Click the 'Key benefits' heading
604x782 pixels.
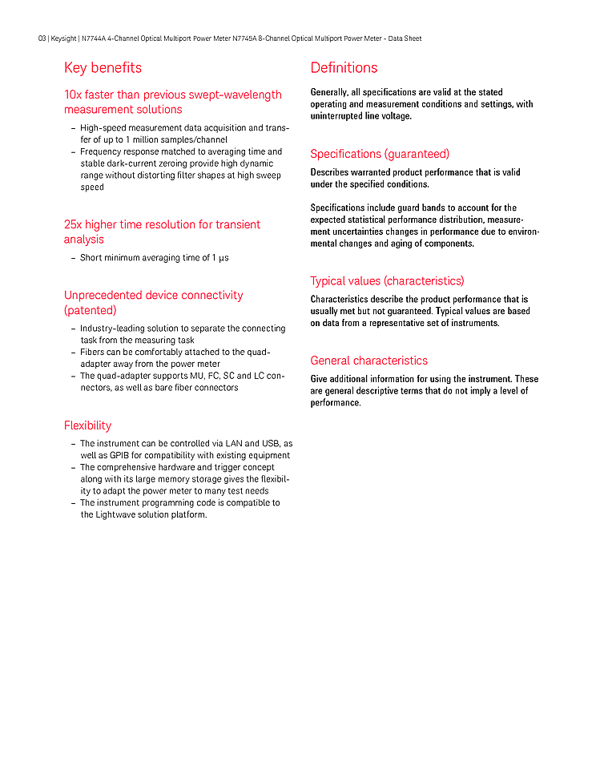tap(103, 68)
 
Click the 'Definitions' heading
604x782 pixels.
tap(344, 68)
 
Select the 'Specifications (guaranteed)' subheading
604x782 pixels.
tap(380, 154)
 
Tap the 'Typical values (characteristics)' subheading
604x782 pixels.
tap(387, 281)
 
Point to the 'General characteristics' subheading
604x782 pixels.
tap(368, 361)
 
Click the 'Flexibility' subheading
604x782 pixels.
tap(87, 425)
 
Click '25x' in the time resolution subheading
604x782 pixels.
tap(73, 225)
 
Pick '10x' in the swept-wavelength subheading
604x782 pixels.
tap(73, 95)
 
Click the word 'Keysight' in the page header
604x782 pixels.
tap(64, 38)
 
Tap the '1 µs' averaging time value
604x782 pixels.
tap(220, 258)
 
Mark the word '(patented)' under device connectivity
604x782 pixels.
tap(90, 310)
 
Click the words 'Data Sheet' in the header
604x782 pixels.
tap(405, 38)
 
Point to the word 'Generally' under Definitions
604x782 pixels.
tap(329, 93)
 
